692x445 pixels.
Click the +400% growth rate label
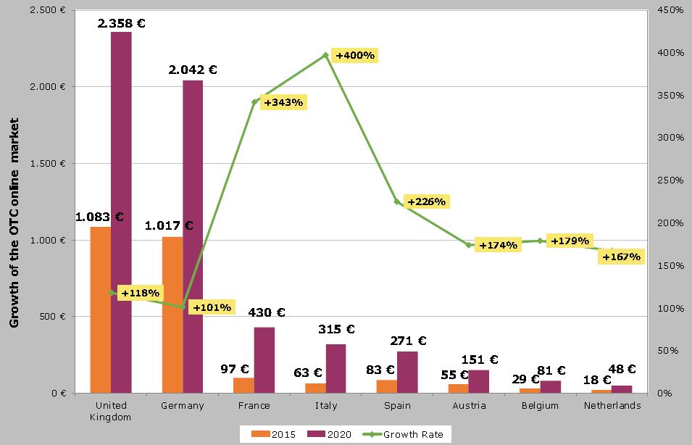click(355, 55)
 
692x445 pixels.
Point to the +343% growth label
click(283, 103)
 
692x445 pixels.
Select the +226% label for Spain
click(426, 201)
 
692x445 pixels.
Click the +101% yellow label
click(212, 307)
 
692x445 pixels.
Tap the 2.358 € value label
click(122, 23)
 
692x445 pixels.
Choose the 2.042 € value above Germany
click(193, 70)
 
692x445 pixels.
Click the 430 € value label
click(267, 312)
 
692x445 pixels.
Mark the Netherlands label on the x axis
click(612, 406)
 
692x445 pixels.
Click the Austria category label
click(469, 406)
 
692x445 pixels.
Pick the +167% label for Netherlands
click(622, 257)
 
